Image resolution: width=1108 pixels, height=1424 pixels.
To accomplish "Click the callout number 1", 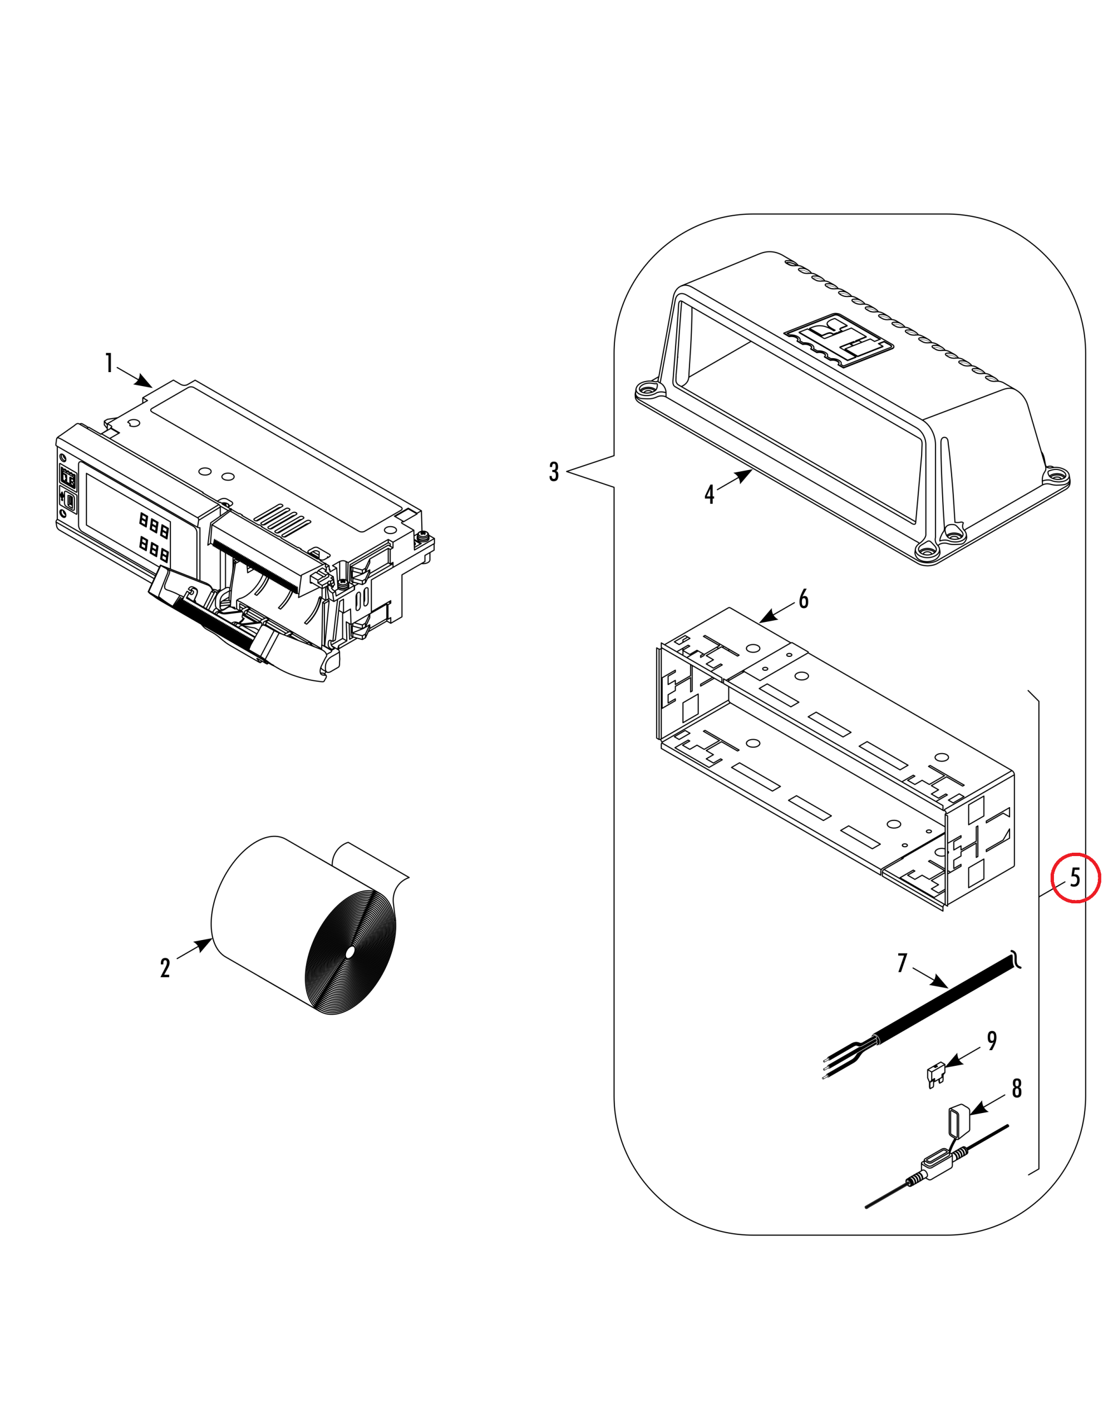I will (x=109, y=363).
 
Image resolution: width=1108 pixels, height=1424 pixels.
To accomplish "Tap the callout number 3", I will (x=554, y=471).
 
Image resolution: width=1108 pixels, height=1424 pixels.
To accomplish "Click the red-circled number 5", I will (x=1075, y=878).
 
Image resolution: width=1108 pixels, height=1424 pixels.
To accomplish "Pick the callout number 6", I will (x=804, y=599).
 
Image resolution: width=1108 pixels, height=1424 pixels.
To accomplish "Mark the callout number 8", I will (x=1017, y=1087).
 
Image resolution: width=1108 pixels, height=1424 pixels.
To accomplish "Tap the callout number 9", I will (x=992, y=1041).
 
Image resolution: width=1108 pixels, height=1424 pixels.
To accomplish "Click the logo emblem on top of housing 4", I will (x=839, y=340).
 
